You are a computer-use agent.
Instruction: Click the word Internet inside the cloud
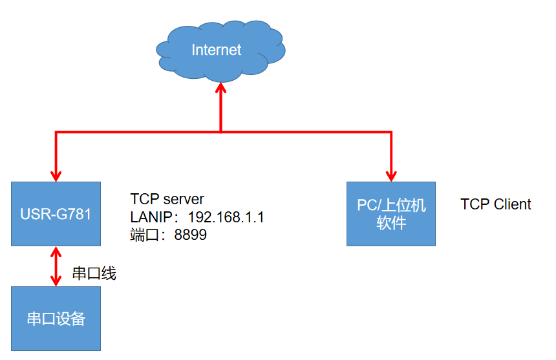coord(216,50)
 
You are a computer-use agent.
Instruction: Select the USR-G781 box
coord(56,213)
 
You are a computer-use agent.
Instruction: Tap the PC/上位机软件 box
coord(391,213)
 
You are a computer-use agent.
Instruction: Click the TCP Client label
coord(495,205)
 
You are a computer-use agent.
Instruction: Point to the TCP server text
coord(167,198)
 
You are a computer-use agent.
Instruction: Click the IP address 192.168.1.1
coord(226,217)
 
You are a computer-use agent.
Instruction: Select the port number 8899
coord(191,235)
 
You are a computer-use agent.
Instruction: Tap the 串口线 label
coord(94,274)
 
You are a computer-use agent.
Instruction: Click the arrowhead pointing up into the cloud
coord(221,90)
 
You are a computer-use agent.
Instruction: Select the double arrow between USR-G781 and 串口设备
coord(56,266)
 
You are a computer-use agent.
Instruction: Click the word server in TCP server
coord(184,198)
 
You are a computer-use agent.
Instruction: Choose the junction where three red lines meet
coord(221,132)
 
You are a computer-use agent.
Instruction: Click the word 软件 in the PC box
coord(391,223)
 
